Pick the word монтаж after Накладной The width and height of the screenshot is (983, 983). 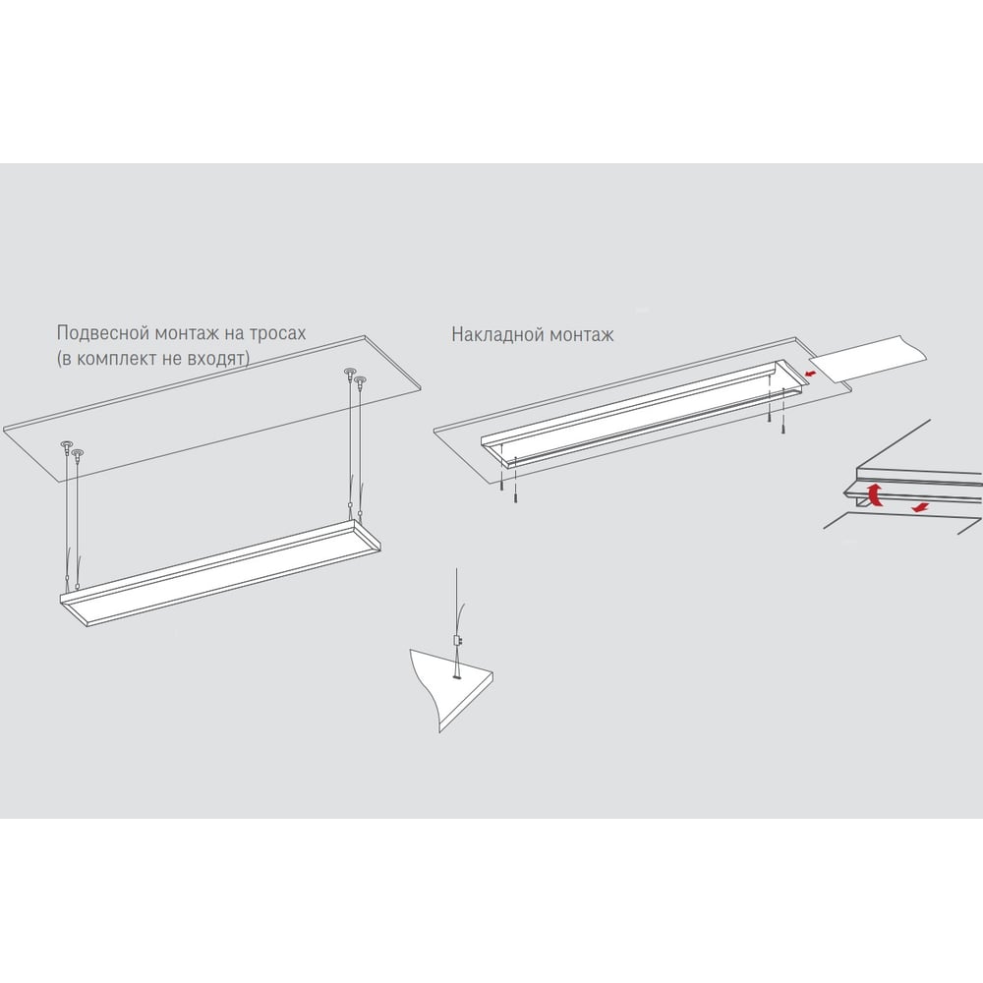coord(581,335)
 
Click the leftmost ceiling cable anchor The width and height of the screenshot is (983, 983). coord(65,446)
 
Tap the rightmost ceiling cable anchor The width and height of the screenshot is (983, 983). coord(360,379)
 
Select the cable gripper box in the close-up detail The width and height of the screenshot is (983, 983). coord(457,641)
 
